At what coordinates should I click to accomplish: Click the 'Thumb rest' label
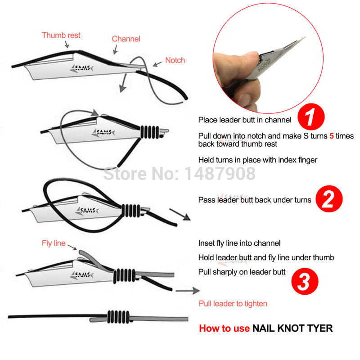(61, 35)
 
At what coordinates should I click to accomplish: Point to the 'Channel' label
(126, 39)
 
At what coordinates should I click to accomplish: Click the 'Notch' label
(175, 60)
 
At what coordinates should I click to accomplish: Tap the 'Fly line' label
(54, 243)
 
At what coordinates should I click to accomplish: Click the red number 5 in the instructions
(331, 136)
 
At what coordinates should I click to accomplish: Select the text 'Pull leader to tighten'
(233, 304)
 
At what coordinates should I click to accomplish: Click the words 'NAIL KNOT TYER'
(292, 328)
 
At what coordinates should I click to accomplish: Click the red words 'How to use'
(224, 328)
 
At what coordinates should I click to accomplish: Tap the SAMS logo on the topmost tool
(81, 69)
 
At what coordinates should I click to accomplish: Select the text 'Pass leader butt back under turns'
(255, 199)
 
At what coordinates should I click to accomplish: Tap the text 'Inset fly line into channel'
(239, 243)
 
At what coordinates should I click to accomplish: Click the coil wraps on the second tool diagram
(149, 132)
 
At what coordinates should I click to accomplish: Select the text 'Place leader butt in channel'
(245, 120)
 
